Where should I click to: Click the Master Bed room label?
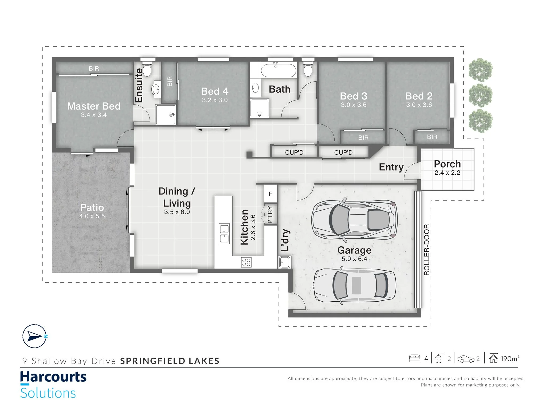pyautogui.click(x=94, y=106)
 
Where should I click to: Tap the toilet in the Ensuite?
pyautogui.click(x=147, y=69)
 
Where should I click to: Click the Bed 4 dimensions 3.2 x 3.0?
pyautogui.click(x=215, y=100)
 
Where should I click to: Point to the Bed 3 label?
pyautogui.click(x=354, y=96)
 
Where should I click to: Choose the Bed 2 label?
pyautogui.click(x=419, y=96)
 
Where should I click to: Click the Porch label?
pyautogui.click(x=447, y=164)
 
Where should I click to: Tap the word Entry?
pyautogui.click(x=391, y=167)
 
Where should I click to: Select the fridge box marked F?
pyautogui.click(x=270, y=194)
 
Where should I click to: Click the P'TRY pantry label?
pyautogui.click(x=270, y=215)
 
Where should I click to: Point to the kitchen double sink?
pyautogui.click(x=224, y=234)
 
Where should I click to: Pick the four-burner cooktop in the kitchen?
pyautogui.click(x=246, y=262)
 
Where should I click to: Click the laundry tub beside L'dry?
pyautogui.click(x=285, y=262)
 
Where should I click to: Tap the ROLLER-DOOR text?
pyautogui.click(x=426, y=250)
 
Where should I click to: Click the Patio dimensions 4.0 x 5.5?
pyautogui.click(x=92, y=216)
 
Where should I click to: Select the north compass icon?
pyautogui.click(x=35, y=336)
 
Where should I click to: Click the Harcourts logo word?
pyautogui.click(x=53, y=377)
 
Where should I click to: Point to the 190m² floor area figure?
pyautogui.click(x=510, y=359)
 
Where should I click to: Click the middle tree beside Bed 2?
pyautogui.click(x=481, y=95)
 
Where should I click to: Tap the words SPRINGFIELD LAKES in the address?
pyautogui.click(x=170, y=361)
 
